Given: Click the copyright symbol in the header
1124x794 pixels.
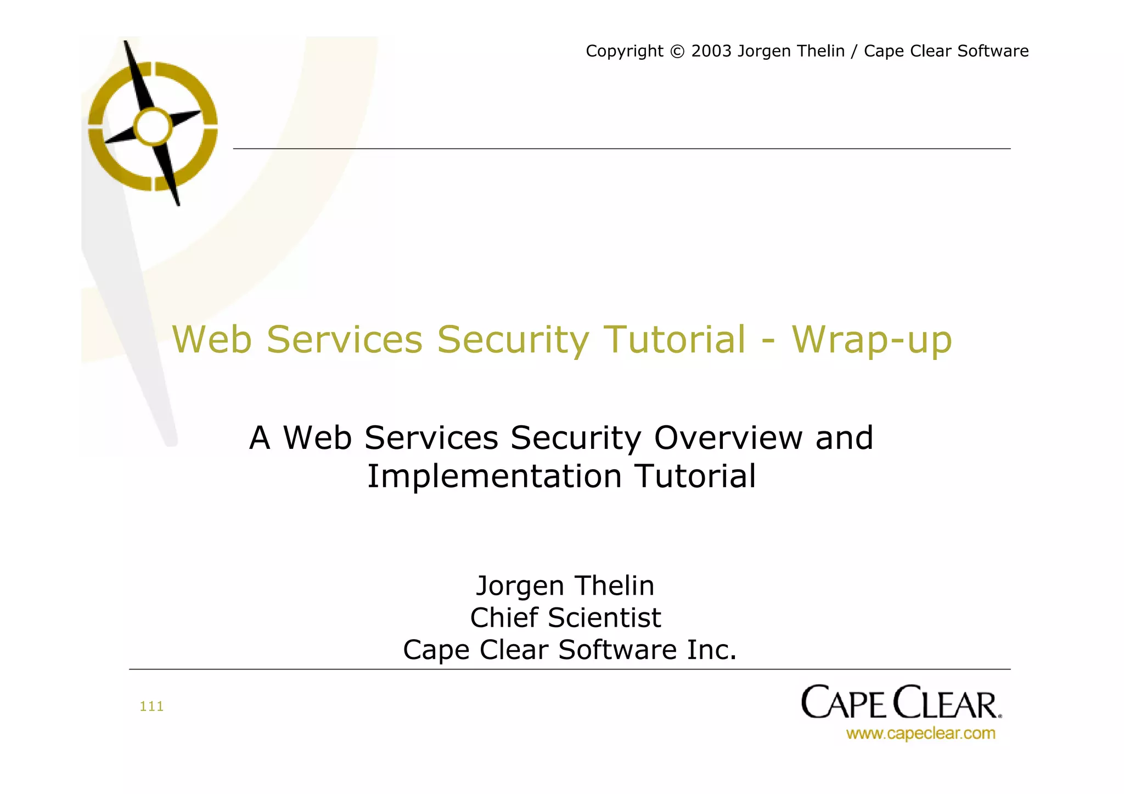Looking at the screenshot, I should (677, 51).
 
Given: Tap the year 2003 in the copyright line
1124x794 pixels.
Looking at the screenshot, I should (711, 51).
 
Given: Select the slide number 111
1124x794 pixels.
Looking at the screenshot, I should (151, 706).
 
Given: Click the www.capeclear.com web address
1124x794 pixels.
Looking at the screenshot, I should (920, 733).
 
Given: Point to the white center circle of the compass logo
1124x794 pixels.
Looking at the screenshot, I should (153, 127).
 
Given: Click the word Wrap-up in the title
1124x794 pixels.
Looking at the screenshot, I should (872, 340).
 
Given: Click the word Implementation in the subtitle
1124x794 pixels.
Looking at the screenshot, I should (494, 476).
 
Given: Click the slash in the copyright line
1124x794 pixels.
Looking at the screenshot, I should (854, 51).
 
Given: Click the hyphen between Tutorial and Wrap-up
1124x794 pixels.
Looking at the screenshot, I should (768, 341).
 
